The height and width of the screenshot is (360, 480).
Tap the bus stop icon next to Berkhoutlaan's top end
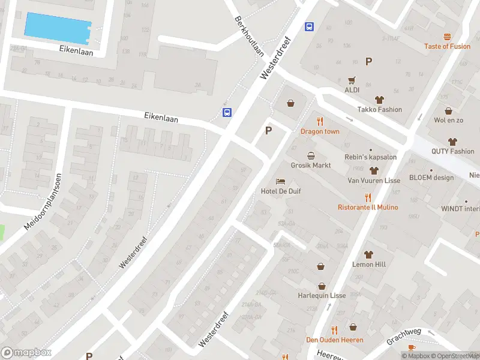point(310,26)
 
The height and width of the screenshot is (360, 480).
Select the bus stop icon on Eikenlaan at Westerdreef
point(227,112)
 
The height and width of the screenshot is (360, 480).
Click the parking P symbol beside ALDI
point(368,61)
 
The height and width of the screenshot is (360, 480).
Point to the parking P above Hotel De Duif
point(268,130)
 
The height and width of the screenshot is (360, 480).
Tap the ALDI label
point(352,90)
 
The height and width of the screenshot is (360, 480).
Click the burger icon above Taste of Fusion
point(447,37)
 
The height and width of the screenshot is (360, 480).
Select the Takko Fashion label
point(380,109)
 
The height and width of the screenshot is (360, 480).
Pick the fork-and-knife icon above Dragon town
point(320,122)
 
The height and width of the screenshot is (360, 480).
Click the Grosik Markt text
point(311,165)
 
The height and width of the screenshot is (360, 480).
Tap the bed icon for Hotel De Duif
point(280,181)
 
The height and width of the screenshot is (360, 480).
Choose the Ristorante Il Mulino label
point(368,207)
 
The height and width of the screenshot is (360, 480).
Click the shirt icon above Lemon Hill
point(368,254)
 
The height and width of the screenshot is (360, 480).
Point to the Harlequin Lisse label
point(322,296)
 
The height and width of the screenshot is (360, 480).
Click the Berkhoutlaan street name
point(250,37)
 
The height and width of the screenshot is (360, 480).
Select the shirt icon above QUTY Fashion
point(452,142)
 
